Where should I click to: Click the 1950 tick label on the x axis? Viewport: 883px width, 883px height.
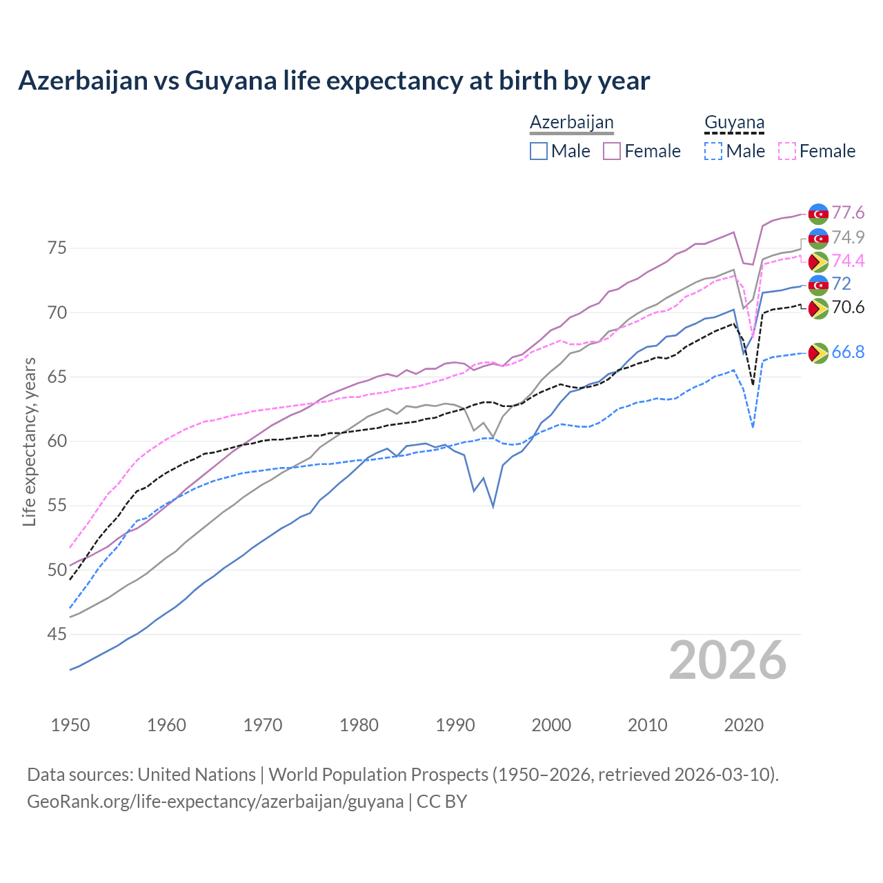click(70, 725)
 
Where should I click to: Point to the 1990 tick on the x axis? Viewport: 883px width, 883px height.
click(455, 725)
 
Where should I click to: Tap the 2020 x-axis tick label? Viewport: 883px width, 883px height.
click(744, 725)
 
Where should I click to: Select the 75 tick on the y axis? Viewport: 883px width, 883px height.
click(57, 248)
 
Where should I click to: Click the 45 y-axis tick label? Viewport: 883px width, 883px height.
click(57, 634)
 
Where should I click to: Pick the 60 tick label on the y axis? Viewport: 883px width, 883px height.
click(57, 441)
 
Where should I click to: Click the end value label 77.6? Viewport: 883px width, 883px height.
click(848, 212)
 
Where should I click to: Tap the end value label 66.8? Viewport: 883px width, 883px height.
click(848, 353)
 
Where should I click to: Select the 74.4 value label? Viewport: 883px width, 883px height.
click(848, 261)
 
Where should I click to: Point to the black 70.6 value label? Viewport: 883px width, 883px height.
click(848, 307)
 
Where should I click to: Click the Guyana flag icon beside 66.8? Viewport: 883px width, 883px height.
click(818, 353)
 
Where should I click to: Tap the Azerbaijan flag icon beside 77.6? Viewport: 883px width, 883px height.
click(818, 214)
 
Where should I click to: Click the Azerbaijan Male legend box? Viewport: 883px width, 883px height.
click(539, 151)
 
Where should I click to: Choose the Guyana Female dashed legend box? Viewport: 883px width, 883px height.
click(787, 151)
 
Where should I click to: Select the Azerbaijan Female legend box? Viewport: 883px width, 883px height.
click(612, 151)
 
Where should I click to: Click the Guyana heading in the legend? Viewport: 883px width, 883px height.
click(734, 123)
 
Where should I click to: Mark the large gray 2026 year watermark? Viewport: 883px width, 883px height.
click(728, 661)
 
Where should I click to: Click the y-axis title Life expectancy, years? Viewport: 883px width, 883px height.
click(30, 441)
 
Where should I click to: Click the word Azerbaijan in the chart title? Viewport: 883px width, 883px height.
click(83, 81)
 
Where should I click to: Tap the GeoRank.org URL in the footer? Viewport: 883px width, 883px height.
click(215, 802)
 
